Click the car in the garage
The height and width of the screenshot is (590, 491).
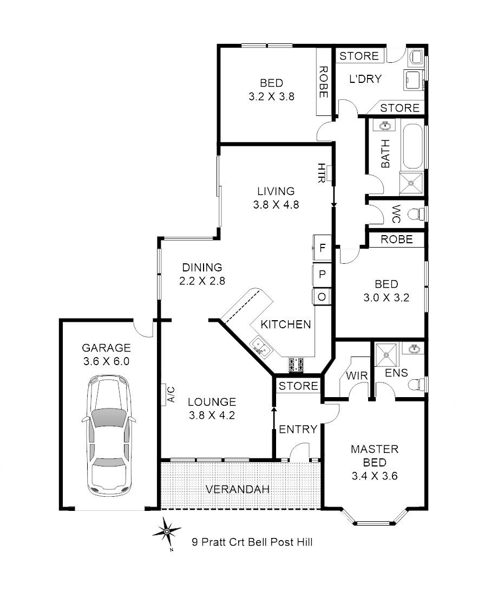[x=109, y=436]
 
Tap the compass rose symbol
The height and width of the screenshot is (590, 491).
[x=167, y=531]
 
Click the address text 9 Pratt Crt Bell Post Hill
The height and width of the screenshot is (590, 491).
[x=252, y=542]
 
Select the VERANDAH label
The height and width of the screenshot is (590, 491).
[x=238, y=490]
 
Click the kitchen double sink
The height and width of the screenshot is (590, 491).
[x=260, y=346]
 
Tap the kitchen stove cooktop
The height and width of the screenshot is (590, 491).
[x=296, y=364]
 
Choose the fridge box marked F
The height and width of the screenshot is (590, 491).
[x=322, y=248]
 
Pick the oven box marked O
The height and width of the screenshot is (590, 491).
[x=322, y=297]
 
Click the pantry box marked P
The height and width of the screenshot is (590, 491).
[x=322, y=275]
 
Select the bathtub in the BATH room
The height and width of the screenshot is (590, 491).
[x=413, y=146]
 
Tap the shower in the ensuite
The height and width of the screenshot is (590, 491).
[x=386, y=354]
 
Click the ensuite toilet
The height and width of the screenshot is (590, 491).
[x=416, y=384]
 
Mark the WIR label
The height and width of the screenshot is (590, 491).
[x=357, y=375]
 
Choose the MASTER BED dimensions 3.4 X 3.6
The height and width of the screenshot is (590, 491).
[x=375, y=476]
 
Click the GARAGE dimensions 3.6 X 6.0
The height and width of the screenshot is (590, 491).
[x=107, y=361]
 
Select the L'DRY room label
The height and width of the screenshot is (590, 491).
[x=365, y=79]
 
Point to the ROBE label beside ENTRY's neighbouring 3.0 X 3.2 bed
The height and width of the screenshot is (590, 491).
[x=397, y=239]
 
